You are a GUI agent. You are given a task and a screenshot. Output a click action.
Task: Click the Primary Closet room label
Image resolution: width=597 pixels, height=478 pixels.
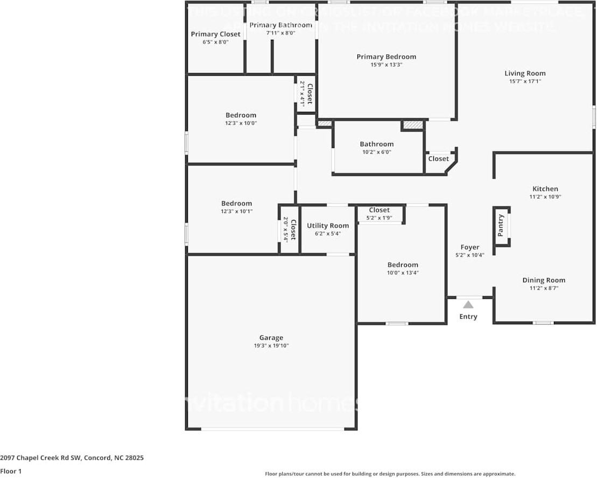(215, 34)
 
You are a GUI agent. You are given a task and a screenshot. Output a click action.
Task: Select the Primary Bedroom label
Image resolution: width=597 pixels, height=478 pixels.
(386, 57)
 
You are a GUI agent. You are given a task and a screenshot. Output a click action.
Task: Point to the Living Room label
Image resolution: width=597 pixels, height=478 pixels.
(525, 74)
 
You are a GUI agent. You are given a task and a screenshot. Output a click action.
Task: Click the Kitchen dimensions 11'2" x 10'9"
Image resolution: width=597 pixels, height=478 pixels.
(545, 197)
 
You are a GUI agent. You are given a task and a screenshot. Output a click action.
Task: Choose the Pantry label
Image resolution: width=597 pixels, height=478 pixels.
(501, 226)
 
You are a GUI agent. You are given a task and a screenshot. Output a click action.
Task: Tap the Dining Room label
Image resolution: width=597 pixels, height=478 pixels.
(544, 280)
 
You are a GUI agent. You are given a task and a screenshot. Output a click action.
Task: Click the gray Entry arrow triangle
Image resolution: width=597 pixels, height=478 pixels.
(468, 304)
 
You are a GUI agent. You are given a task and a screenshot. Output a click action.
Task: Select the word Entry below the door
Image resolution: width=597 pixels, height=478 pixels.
(468, 317)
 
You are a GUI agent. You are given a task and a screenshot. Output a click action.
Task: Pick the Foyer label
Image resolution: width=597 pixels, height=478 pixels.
(470, 247)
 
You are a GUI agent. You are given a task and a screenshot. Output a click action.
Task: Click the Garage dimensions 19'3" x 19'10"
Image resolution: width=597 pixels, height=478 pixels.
(271, 346)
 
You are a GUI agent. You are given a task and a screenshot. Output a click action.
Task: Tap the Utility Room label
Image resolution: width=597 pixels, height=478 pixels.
(328, 226)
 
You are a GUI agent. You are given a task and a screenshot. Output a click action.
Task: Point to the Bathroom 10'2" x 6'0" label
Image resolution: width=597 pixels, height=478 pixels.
(376, 144)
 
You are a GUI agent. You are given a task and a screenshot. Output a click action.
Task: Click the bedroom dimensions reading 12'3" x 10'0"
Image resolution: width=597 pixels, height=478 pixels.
(241, 123)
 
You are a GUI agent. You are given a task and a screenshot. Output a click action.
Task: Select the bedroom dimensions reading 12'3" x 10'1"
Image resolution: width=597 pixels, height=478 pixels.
(236, 211)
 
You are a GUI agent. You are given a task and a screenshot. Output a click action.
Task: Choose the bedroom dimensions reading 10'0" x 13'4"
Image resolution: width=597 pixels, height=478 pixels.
(403, 273)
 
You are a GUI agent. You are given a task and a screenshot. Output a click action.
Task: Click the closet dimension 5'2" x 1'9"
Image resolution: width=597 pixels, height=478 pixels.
(380, 218)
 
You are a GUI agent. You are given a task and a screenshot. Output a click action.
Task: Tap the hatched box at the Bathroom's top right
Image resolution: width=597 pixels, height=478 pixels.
(412, 125)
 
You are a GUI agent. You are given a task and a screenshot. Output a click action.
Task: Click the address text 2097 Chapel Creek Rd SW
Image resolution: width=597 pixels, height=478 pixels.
(40, 458)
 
